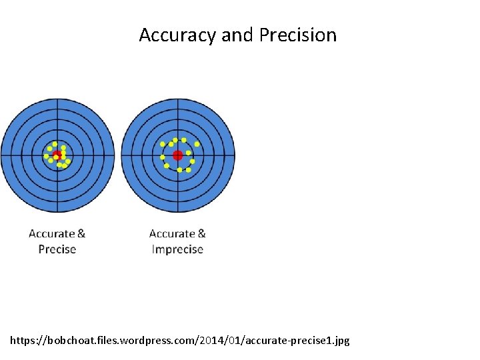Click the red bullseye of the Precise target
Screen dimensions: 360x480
[x=57, y=154]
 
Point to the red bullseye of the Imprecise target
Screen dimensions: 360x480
[x=177, y=155]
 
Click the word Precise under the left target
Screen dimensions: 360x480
[x=57, y=249]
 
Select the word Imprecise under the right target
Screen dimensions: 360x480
[x=177, y=249]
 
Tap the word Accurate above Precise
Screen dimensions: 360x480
[x=52, y=233]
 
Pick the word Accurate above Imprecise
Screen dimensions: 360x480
[x=172, y=233]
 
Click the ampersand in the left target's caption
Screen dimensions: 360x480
[x=81, y=233]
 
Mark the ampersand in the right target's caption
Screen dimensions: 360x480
[x=201, y=233]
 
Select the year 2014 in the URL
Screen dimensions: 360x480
[x=207, y=341]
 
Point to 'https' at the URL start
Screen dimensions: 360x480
[x=23, y=341]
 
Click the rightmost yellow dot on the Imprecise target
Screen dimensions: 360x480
[x=197, y=144]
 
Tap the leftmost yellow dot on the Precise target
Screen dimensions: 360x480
[x=46, y=156]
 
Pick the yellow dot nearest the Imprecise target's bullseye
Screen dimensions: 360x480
[x=189, y=153]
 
